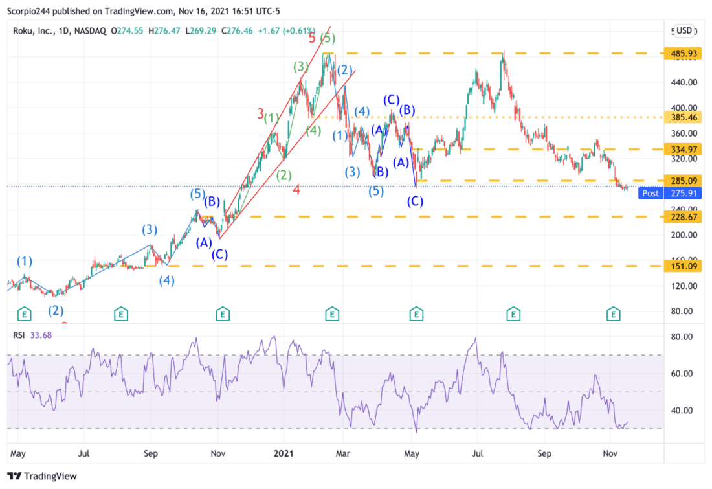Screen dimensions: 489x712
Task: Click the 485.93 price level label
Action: [x=684, y=54]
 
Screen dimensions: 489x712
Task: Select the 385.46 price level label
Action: [x=684, y=118]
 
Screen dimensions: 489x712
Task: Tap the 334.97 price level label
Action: [x=684, y=150]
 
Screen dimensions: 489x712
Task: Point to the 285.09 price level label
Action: [x=684, y=181]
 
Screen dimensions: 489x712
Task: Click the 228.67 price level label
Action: [x=684, y=217]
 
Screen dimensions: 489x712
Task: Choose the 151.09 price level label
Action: [x=684, y=266]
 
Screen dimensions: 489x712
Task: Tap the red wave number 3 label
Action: [x=260, y=115]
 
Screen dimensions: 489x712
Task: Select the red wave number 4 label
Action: [x=295, y=190]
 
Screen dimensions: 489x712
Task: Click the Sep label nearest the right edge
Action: [x=544, y=453]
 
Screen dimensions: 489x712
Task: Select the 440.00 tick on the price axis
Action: [x=684, y=83]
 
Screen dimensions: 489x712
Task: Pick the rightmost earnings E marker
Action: [x=613, y=315]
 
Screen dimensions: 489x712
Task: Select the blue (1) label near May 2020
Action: [x=24, y=262]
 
